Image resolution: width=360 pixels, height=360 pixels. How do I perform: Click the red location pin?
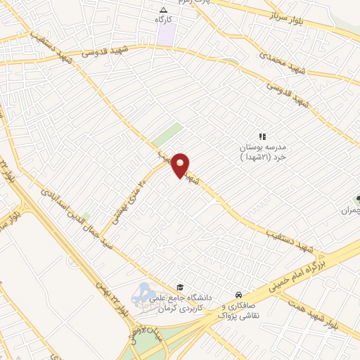point(181,165)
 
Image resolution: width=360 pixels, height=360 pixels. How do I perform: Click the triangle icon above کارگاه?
point(164,10)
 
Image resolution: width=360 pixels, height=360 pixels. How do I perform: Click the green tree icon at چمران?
point(358,200)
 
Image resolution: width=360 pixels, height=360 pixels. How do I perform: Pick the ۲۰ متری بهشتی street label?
point(129,199)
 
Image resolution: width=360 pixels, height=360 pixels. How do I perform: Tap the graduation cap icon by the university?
point(181,287)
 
